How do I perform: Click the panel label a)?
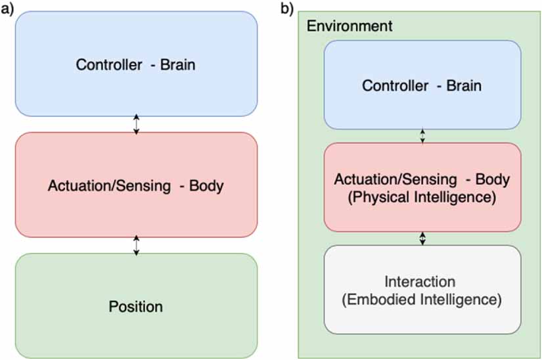pyautogui.click(x=7, y=9)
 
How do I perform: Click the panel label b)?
pyautogui.click(x=287, y=9)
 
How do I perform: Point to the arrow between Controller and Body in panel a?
pyautogui.click(x=136, y=124)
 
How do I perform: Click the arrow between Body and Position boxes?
pyautogui.click(x=136, y=245)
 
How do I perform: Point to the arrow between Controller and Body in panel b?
pyautogui.click(x=422, y=135)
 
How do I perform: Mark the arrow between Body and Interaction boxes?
pyautogui.click(x=422, y=238)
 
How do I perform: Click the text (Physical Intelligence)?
pyautogui.click(x=422, y=196)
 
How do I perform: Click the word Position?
pyautogui.click(x=136, y=306)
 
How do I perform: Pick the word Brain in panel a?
pyautogui.click(x=177, y=65)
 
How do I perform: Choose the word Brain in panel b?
pyautogui.click(x=464, y=86)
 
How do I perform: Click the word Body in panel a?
pyautogui.click(x=206, y=185)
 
